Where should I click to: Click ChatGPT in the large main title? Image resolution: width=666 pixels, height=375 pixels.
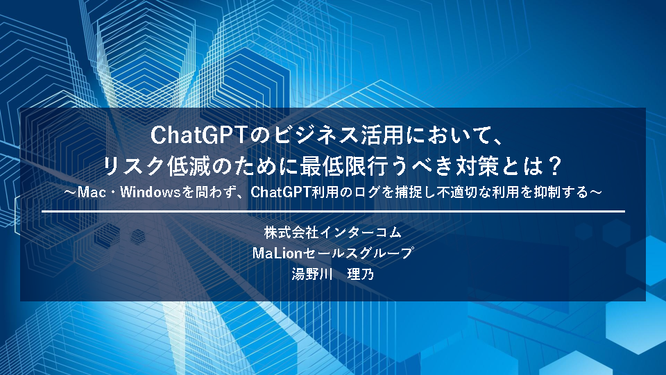coord(198,135)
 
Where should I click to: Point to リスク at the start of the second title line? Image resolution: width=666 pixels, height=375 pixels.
coord(133,166)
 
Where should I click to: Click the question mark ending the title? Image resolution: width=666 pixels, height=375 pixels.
coord(554,166)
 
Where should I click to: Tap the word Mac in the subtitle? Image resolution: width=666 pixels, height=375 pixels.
coord(92,192)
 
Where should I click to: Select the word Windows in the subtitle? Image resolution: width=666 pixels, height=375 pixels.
coord(151,192)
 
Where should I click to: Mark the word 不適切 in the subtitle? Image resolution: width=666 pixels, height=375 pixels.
coord(453,192)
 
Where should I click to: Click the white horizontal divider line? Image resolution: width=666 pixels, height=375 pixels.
coord(334,211)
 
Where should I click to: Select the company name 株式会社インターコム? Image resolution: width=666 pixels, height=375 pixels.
coord(332,232)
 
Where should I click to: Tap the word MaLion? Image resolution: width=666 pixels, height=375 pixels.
coord(277,253)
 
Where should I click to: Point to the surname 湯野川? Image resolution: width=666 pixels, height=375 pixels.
coord(311,274)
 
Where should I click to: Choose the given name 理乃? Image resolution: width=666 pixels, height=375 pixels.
coord(361,274)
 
